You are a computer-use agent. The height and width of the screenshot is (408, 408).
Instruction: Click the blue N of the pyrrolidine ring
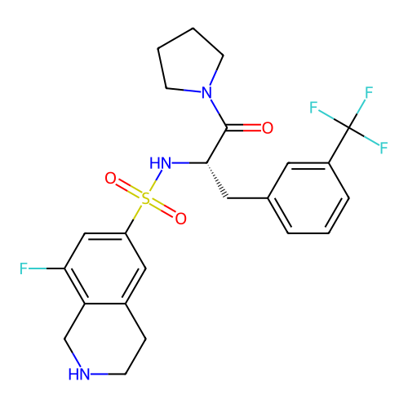click(x=206, y=92)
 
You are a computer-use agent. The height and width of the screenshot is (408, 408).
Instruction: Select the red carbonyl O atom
click(x=268, y=128)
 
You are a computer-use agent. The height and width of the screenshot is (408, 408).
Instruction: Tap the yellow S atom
click(x=146, y=198)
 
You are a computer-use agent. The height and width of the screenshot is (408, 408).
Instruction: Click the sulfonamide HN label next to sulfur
click(x=161, y=163)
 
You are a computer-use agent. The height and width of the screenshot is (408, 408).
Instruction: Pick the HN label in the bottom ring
click(x=79, y=374)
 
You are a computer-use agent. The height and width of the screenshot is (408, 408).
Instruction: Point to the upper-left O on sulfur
click(x=110, y=178)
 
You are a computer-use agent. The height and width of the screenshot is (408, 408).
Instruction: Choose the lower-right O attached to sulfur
click(x=181, y=219)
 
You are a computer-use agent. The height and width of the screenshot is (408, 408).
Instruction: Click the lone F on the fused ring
click(x=24, y=268)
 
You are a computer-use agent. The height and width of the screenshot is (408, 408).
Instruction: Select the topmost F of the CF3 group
click(x=369, y=92)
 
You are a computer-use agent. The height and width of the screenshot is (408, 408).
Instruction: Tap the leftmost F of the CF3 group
click(x=313, y=108)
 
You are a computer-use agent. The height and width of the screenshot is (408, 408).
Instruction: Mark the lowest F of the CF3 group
click(x=384, y=148)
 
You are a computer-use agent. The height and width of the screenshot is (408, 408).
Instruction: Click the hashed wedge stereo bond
click(x=217, y=180)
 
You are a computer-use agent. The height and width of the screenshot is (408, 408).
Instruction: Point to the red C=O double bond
click(x=244, y=128)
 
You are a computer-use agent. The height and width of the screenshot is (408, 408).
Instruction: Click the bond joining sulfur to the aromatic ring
click(x=134, y=219)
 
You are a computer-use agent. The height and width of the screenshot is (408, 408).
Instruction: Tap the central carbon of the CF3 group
click(x=349, y=127)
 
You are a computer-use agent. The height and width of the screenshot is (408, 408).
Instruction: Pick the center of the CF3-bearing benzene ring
click(x=308, y=198)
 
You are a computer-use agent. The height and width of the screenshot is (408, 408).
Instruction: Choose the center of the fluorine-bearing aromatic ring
click(x=105, y=268)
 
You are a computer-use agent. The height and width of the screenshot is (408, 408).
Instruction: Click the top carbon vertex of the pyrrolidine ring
click(x=193, y=28)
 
